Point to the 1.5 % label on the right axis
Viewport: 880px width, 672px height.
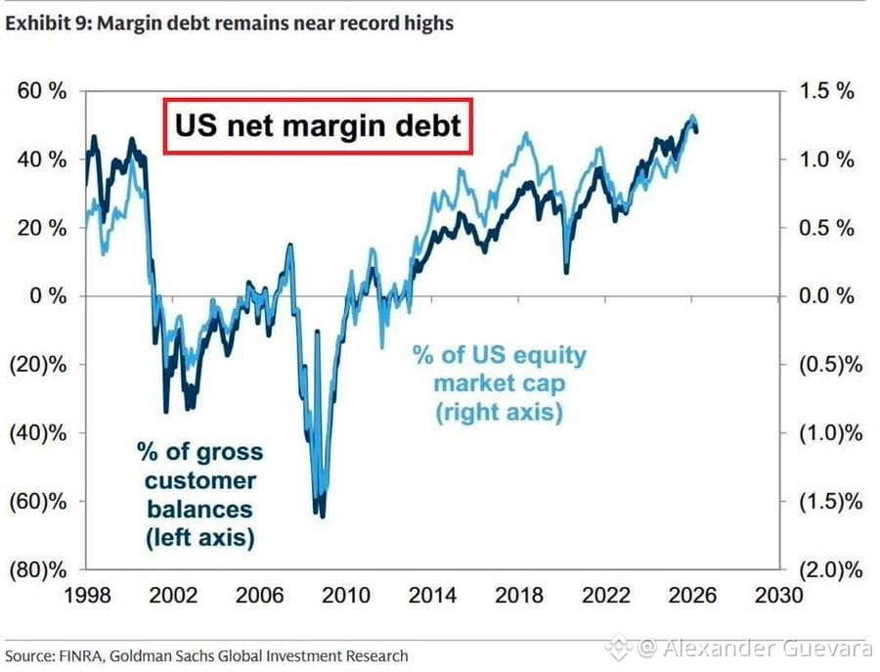tap(826, 91)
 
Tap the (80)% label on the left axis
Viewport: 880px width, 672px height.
tap(38, 570)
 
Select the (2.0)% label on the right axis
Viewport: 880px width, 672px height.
tap(830, 570)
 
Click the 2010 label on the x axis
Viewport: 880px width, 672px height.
tap(346, 595)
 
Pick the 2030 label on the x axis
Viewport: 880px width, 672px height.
tap(779, 595)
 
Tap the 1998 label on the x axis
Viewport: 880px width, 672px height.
tap(87, 595)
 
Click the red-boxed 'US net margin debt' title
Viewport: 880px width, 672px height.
tap(318, 126)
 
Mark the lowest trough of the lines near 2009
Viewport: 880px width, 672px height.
tap(322, 515)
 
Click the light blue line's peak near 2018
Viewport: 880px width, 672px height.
tap(526, 134)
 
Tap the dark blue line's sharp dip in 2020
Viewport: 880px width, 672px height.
tap(566, 272)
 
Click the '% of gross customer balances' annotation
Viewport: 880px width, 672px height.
tap(199, 495)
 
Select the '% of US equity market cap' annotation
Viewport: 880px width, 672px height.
tap(500, 383)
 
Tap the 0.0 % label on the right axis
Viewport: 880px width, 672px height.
tap(826, 295)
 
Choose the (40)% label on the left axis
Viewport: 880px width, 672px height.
tap(38, 433)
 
